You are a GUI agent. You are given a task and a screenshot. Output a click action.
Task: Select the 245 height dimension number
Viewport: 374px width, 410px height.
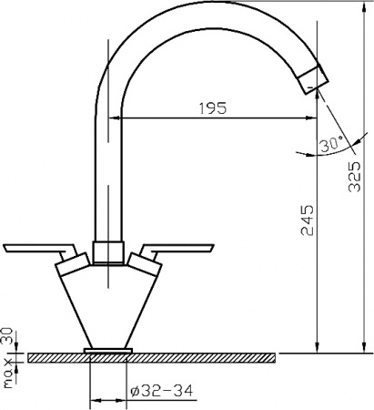(x=308, y=220)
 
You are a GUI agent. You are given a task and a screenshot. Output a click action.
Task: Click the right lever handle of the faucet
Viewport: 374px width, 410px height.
(x=177, y=247)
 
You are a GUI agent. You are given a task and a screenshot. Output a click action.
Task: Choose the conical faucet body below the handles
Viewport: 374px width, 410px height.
(x=108, y=305)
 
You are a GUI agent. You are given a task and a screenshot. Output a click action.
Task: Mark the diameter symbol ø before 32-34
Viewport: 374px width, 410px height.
(x=134, y=391)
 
